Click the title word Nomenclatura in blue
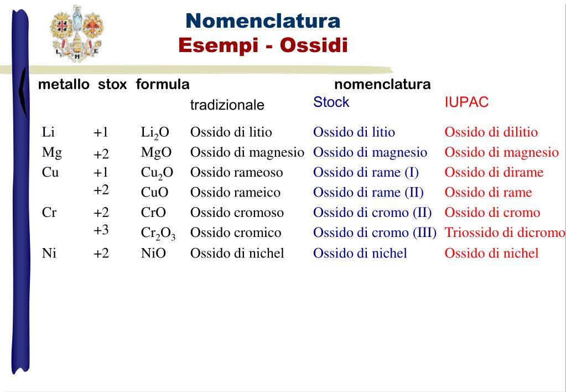263,21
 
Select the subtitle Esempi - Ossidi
263,45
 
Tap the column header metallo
64,85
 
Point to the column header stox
112,85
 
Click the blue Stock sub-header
331,102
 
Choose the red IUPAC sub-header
466,102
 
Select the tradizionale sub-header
227,105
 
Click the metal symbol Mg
51,152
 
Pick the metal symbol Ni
50,253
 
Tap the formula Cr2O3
158,234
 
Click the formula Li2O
154,133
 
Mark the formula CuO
154,193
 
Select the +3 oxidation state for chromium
101,230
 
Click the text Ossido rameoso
236,172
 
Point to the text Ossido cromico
236,233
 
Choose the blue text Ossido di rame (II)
368,193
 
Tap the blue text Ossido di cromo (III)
375,233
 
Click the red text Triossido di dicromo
505,233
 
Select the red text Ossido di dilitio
491,132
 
